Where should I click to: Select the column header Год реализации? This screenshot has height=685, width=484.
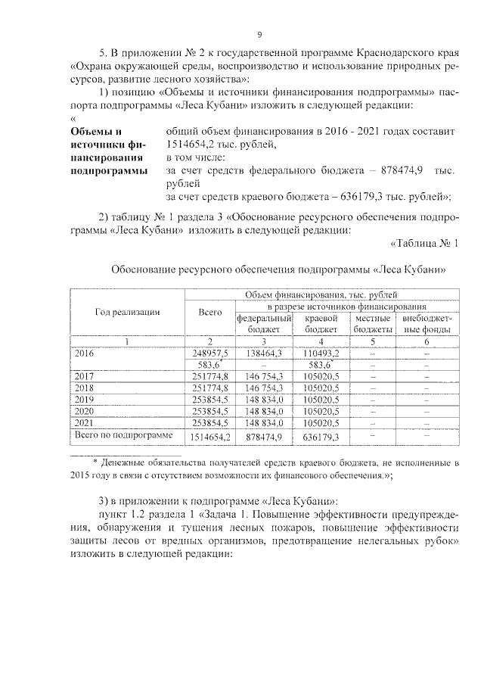[127, 311]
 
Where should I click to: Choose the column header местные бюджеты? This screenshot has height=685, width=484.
[373, 325]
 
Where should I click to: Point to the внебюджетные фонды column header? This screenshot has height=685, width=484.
[427, 325]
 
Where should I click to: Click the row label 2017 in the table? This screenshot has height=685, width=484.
[83, 376]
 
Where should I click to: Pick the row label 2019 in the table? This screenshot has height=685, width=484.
[83, 399]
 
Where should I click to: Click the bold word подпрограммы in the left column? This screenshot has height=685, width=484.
[107, 172]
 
